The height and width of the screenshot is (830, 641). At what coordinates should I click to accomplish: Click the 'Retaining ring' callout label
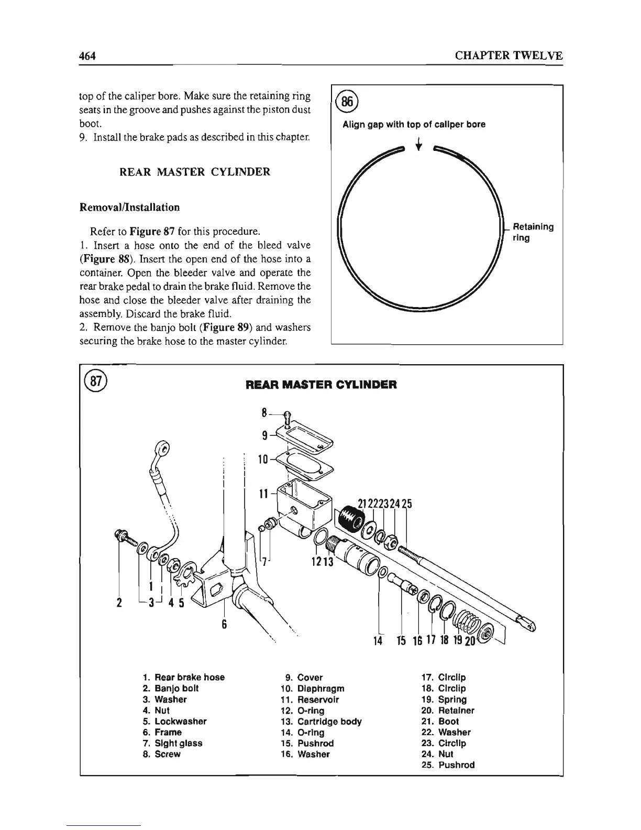coord(532,232)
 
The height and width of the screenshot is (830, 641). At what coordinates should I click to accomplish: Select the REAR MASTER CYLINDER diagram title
coord(321,385)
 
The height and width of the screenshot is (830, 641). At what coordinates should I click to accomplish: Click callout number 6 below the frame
coord(224,625)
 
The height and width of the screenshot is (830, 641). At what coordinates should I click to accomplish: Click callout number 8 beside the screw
coord(264,412)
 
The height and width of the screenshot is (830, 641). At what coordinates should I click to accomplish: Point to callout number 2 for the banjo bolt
coord(119,602)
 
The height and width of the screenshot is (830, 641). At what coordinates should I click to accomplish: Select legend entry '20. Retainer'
coord(448,711)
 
